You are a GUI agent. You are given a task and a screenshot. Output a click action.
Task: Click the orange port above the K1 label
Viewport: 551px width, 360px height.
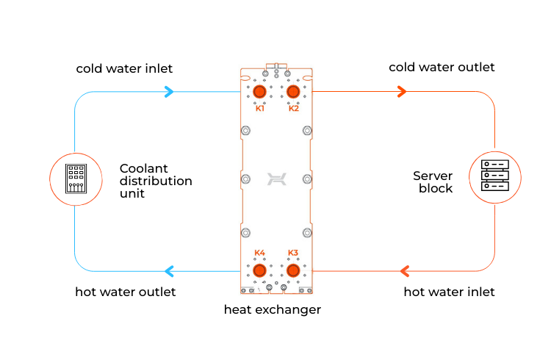click(x=260, y=91)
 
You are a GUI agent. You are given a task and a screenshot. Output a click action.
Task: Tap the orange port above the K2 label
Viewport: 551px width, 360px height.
click(x=293, y=91)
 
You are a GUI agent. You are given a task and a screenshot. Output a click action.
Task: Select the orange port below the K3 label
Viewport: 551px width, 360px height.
click(x=293, y=270)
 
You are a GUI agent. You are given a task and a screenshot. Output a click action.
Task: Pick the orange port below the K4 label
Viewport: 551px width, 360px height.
click(x=260, y=270)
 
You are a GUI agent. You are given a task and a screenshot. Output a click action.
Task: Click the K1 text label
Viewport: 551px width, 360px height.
click(x=260, y=109)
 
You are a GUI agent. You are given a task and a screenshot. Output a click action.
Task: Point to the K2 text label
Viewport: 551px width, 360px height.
click(x=294, y=109)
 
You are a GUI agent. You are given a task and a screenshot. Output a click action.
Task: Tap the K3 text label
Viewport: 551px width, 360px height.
click(x=293, y=253)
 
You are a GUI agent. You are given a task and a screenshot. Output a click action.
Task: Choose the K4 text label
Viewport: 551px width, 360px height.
click(x=260, y=253)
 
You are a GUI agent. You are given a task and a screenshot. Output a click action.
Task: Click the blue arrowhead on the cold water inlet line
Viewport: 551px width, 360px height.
click(x=169, y=92)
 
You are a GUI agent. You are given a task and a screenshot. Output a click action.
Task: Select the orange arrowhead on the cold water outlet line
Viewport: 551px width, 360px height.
click(x=401, y=92)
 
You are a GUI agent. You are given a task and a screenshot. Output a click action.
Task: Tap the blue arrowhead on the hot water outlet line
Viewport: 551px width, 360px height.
click(x=169, y=271)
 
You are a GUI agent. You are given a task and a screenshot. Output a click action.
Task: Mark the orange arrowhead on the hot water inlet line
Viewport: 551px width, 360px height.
click(x=403, y=271)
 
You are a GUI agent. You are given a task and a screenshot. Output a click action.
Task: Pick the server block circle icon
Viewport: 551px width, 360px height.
click(x=494, y=176)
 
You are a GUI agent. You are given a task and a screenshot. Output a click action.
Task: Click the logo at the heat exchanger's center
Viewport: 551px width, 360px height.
click(x=276, y=179)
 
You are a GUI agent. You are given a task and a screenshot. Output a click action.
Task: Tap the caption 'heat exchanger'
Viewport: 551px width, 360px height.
click(x=272, y=310)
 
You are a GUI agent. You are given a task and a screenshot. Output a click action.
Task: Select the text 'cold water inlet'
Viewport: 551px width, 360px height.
click(x=124, y=69)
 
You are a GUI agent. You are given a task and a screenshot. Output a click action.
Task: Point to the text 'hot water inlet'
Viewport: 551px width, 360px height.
click(x=450, y=292)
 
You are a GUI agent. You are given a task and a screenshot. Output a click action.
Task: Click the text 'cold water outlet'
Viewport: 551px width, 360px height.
click(x=442, y=68)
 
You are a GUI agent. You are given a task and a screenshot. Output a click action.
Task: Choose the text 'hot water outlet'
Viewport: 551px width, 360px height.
click(x=126, y=292)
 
